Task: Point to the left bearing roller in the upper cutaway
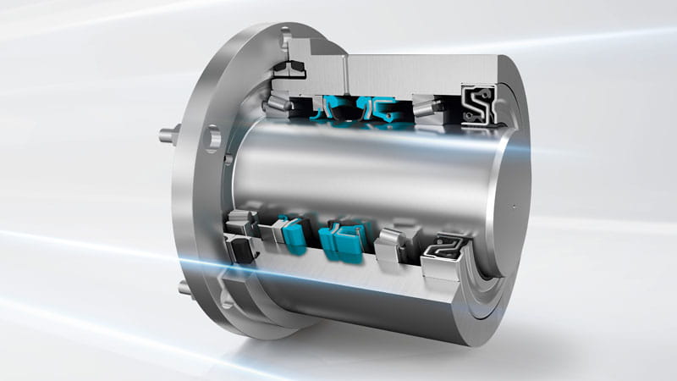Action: [278, 104]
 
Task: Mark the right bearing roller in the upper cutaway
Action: [427, 108]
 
